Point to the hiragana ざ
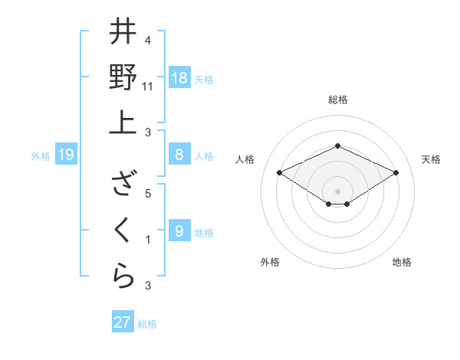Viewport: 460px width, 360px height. point(123,185)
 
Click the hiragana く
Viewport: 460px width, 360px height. point(123,229)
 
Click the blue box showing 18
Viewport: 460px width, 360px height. point(179,77)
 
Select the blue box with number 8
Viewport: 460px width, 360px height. point(179,155)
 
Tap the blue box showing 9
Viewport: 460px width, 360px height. point(179,231)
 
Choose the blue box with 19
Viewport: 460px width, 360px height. point(65,155)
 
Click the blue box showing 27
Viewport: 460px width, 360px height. point(123,322)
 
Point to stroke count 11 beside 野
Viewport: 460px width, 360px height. point(148,87)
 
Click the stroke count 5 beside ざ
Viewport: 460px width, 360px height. point(148,194)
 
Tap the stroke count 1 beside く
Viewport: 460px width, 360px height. point(148,240)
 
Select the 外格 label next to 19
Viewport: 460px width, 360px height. point(41,156)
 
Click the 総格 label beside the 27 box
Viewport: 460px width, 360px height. point(147,324)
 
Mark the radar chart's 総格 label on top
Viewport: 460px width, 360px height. point(337,100)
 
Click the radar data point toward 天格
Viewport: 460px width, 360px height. point(396,172)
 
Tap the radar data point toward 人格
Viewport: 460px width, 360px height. point(279,172)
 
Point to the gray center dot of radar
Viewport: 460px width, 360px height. point(337,190)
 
